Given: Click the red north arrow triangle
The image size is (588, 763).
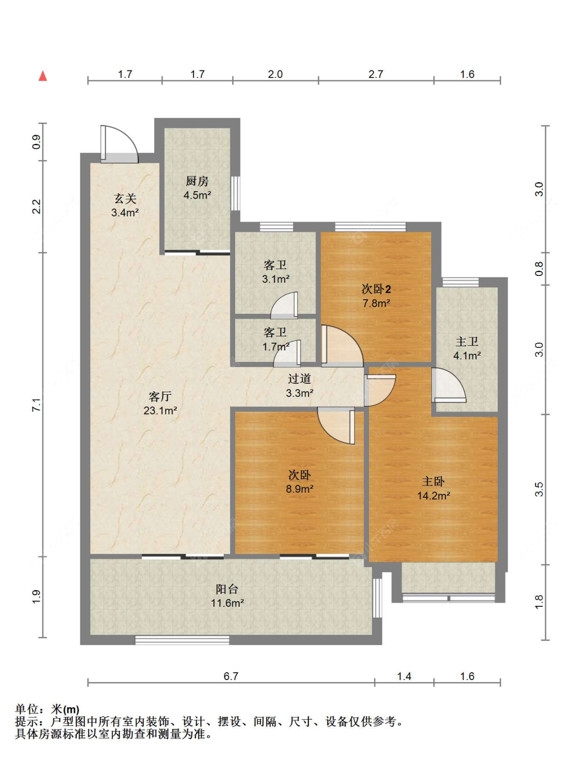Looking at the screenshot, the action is pos(43,76).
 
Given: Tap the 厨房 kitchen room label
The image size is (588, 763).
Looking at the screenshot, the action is pos(197,181).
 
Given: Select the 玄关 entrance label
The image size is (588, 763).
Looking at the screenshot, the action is pos(125,199).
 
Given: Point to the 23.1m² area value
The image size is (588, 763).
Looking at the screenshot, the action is pos(160,410).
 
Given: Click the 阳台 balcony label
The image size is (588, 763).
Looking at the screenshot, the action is pos(227,589).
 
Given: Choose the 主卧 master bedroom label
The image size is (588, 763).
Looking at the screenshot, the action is pos(433,481).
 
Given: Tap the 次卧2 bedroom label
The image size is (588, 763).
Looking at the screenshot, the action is pos(376,289).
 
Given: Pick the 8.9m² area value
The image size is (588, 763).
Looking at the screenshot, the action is pos(299,488).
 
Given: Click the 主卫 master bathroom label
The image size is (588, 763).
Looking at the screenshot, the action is pos(467,342).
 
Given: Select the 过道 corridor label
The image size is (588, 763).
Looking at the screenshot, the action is pos(299,379).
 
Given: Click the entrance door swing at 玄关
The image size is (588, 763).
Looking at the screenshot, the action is pos(119,144).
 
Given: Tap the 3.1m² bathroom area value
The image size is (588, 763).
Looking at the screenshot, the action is pos(276,279).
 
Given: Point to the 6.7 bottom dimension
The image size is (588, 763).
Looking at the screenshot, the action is pos(231,676).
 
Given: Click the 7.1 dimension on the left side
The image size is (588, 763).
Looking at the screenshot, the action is pos(37,405).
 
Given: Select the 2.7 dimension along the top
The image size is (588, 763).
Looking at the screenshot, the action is pos(375,74).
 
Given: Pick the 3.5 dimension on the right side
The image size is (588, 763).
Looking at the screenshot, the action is pos(539,489).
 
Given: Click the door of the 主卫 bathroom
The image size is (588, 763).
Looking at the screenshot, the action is pos(448,385).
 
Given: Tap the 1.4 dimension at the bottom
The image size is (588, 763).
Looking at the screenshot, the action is pos(404,676).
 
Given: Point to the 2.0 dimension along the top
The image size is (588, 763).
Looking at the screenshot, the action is pos(275,74).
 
